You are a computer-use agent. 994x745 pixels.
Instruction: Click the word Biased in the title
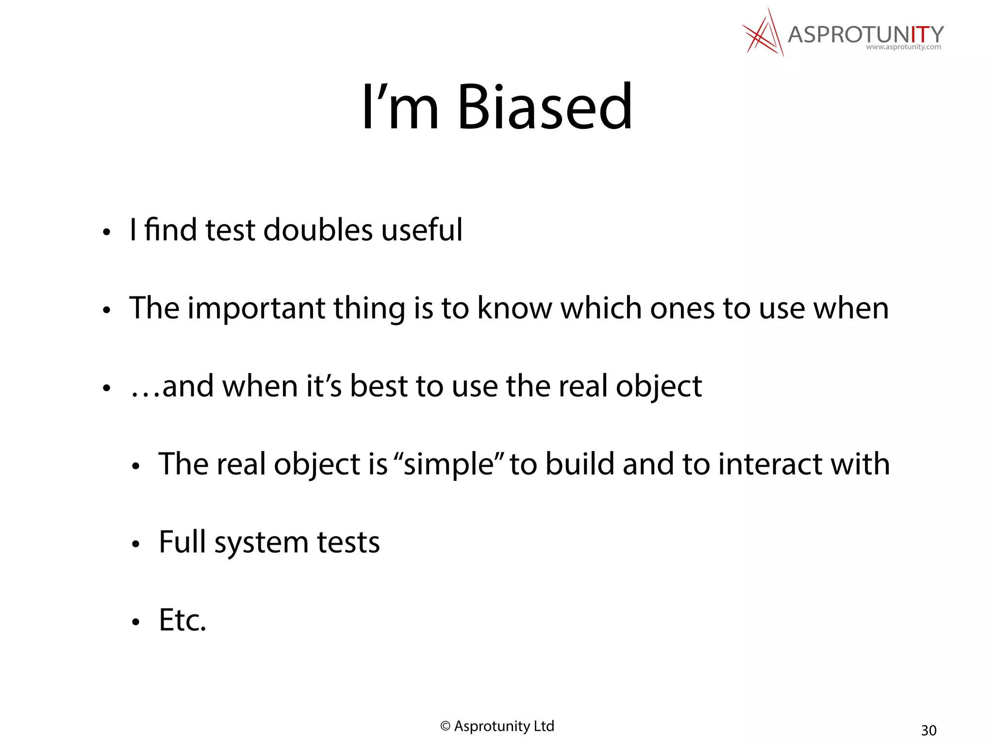click(x=545, y=108)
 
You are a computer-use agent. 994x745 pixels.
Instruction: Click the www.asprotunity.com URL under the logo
click(x=903, y=47)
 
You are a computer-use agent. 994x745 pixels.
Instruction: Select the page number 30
click(x=928, y=730)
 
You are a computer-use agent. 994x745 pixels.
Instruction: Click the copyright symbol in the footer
click(x=445, y=726)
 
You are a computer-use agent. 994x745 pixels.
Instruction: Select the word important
click(x=256, y=308)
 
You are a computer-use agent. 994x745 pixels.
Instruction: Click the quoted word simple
click(x=448, y=465)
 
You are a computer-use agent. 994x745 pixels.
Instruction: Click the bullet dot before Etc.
click(x=136, y=622)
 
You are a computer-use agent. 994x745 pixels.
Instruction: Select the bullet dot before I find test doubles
click(x=107, y=232)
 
